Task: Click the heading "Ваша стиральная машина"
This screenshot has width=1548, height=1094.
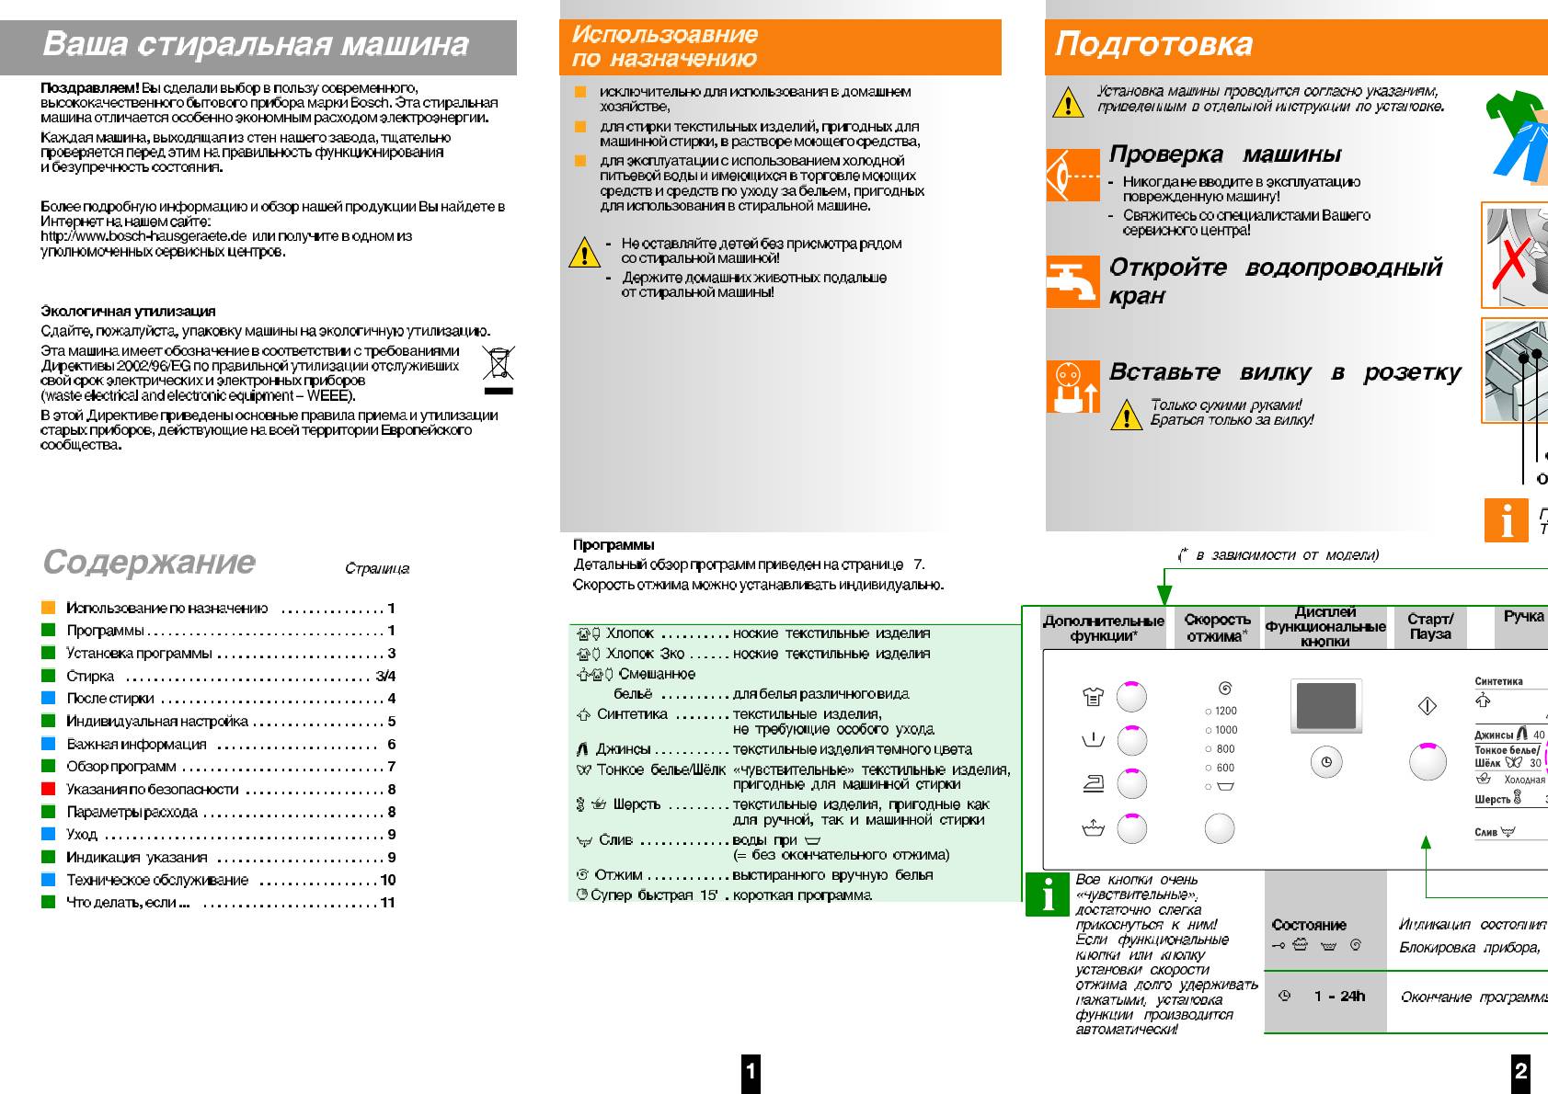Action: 256,44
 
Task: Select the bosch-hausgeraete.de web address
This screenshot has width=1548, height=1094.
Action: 143,236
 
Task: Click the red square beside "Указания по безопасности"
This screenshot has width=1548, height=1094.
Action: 49,789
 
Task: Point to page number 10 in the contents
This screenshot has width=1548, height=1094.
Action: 388,880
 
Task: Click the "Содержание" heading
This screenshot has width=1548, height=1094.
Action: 149,562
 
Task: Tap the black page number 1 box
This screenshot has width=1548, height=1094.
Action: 751,1071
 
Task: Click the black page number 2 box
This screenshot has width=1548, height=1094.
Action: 1521,1071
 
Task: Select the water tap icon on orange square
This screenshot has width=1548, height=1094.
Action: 1072,280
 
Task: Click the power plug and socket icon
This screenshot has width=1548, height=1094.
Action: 1072,386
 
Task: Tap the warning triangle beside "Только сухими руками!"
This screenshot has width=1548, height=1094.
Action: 1126,415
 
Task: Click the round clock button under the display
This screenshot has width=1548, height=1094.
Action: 1325,762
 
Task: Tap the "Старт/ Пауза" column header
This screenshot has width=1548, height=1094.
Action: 1429,627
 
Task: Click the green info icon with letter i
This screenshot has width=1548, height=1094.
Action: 1048,894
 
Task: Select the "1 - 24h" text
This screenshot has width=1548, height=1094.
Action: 1339,997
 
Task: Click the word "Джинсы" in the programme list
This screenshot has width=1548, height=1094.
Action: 623,749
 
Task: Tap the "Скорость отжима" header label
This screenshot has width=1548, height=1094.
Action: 1217,627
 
